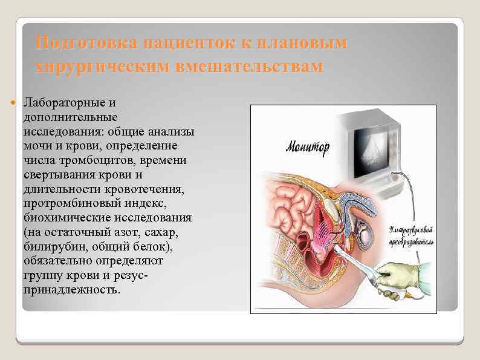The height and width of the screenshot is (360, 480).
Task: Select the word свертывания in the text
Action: [58, 175]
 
